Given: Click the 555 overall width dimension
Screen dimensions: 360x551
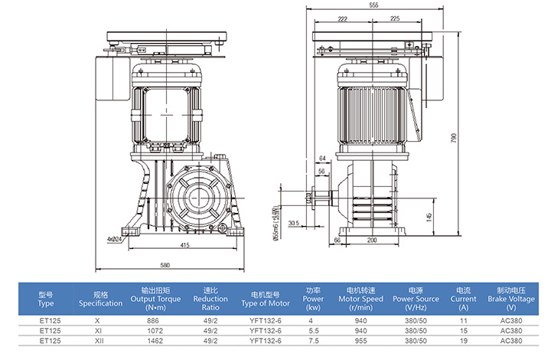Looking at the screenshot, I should [x=373, y=5].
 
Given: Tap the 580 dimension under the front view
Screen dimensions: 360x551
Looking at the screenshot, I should [x=165, y=265].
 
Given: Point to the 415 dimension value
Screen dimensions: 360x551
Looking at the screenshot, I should [x=185, y=245].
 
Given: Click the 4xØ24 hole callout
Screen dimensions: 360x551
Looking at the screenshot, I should [x=116, y=239].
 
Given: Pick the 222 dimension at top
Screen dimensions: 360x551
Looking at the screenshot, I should [x=342, y=18].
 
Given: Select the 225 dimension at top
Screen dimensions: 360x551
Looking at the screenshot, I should [x=396, y=18].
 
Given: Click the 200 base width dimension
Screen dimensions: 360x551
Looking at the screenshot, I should [x=372, y=241].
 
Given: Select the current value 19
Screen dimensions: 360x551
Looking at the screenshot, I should [x=462, y=339].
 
